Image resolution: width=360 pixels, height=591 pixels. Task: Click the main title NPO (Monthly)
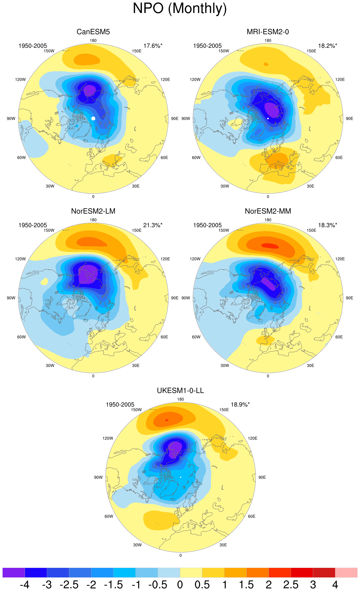coord(180,9)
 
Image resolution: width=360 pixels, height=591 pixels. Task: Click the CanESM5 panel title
coord(93,32)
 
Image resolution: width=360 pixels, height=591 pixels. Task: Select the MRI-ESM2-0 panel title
coord(268,32)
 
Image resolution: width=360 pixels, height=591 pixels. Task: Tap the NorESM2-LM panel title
coord(93,211)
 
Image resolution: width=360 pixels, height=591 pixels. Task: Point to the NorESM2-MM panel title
coord(268,211)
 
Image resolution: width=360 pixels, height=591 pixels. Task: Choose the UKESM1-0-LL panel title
coord(180,391)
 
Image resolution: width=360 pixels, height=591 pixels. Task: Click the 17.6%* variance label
coord(153,46)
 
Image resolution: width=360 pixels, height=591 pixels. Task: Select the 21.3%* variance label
coord(153,225)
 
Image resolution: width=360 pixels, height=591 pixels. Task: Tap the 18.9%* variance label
coord(240,405)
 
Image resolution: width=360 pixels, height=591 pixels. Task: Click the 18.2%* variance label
coord(328,46)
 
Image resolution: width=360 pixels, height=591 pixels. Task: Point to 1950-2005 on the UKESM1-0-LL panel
coord(120,405)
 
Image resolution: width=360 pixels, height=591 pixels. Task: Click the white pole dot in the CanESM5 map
coord(93,118)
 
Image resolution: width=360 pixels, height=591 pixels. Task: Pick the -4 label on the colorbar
coord(25,585)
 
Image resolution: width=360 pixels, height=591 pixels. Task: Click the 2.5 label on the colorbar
coord(291,585)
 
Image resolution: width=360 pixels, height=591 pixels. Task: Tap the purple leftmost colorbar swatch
coord(14,572)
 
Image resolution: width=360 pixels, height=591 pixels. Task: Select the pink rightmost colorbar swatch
coord(346,572)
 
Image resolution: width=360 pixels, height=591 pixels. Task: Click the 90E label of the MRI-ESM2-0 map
coord(350,119)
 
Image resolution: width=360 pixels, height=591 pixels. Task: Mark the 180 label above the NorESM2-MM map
coord(268,220)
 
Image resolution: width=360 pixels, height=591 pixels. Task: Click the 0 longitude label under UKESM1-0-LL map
coord(181,555)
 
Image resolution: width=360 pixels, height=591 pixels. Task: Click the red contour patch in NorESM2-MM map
coord(270,246)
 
